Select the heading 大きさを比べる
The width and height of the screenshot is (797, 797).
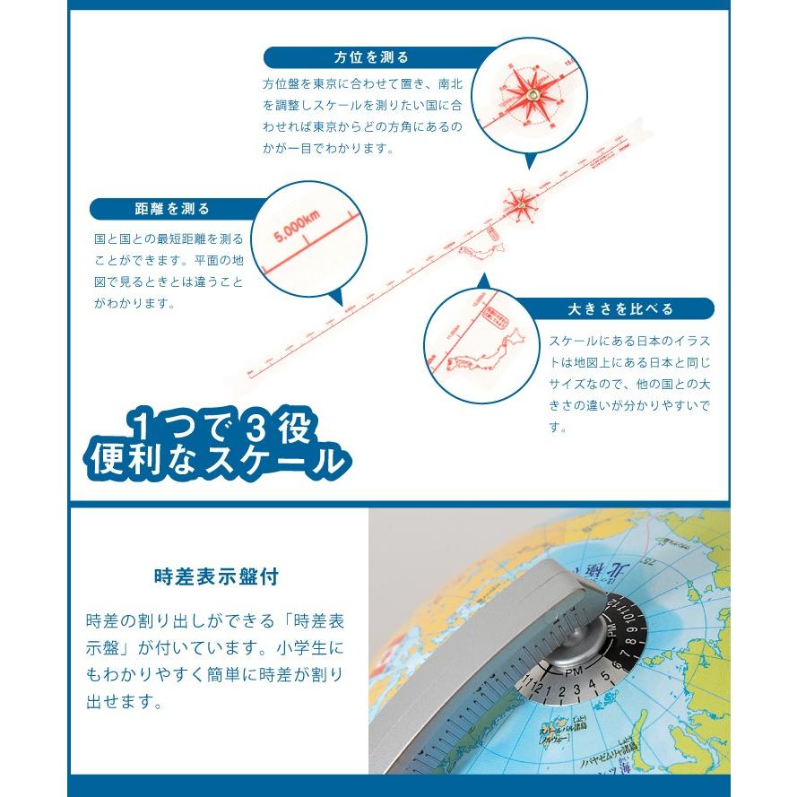coord(619,309)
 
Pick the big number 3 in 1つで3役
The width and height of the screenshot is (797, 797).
coord(254,423)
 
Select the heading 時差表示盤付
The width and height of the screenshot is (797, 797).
coord(215,576)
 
